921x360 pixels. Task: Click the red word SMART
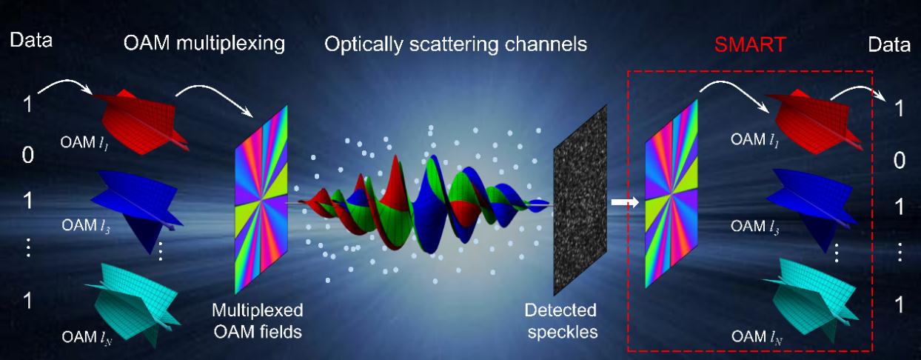[750, 44]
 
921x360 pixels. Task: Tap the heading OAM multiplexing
[204, 44]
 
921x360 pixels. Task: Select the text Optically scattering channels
[455, 44]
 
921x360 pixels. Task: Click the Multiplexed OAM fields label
[258, 321]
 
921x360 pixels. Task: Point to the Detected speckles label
[561, 321]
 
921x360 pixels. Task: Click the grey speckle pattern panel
[580, 200]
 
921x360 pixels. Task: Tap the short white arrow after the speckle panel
[625, 202]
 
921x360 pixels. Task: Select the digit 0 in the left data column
[27, 155]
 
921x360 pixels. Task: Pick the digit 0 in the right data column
[900, 161]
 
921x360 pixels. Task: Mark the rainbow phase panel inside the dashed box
[672, 194]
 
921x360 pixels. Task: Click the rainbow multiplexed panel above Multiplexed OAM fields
[261, 199]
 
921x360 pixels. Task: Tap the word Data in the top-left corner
[31, 40]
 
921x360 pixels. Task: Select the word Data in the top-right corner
[889, 44]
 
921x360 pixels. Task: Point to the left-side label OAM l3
[86, 226]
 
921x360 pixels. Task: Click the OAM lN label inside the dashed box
[757, 337]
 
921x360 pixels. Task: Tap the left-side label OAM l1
[84, 143]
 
